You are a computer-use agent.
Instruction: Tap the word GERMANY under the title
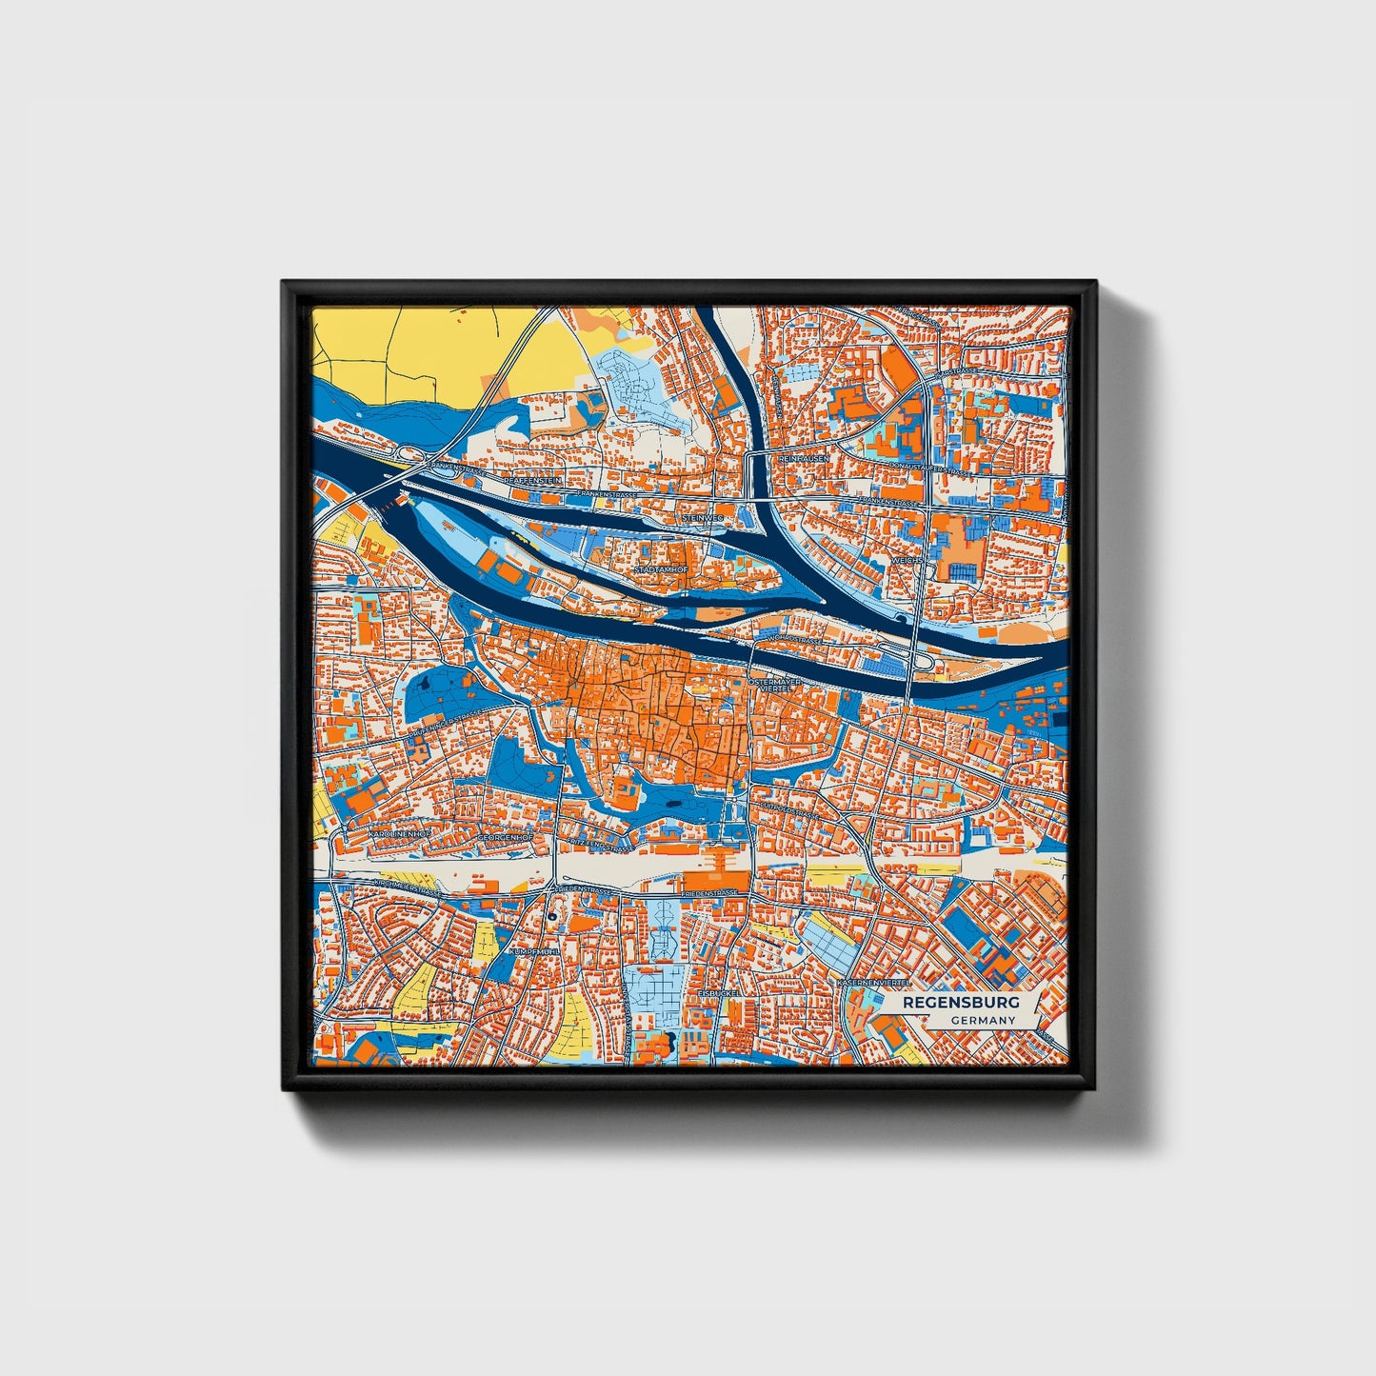[x=983, y=1020]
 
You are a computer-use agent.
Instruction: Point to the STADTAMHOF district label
[x=661, y=569]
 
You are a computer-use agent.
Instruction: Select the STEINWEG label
[x=704, y=517]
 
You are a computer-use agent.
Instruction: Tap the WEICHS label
[x=906, y=561]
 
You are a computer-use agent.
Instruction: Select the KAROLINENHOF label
[x=398, y=833]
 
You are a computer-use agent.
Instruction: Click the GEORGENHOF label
[x=504, y=837]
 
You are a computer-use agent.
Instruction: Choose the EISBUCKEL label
[x=717, y=991]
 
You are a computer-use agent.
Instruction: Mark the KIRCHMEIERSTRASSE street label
[x=409, y=888]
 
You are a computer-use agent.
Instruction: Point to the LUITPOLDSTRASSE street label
[x=789, y=810]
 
